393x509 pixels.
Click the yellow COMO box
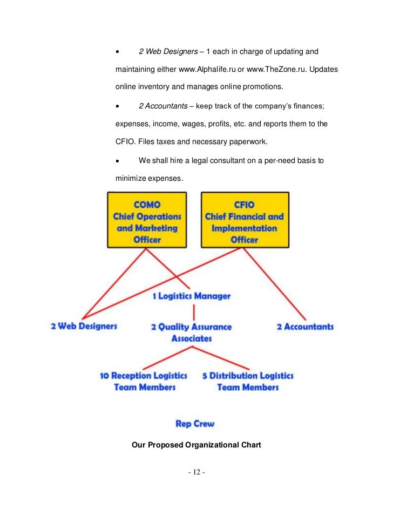[x=146, y=220]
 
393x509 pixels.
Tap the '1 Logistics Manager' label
[x=192, y=296]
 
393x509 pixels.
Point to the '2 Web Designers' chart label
[x=84, y=326]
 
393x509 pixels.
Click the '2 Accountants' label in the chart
[x=305, y=327]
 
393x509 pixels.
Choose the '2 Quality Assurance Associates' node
[x=192, y=332]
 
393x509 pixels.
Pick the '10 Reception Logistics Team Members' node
[x=144, y=381]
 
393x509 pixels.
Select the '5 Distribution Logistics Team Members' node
[x=248, y=381]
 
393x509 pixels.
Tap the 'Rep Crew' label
[x=195, y=424]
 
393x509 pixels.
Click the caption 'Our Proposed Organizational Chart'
[x=196, y=445]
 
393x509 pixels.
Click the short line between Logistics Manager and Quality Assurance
[x=192, y=311]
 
